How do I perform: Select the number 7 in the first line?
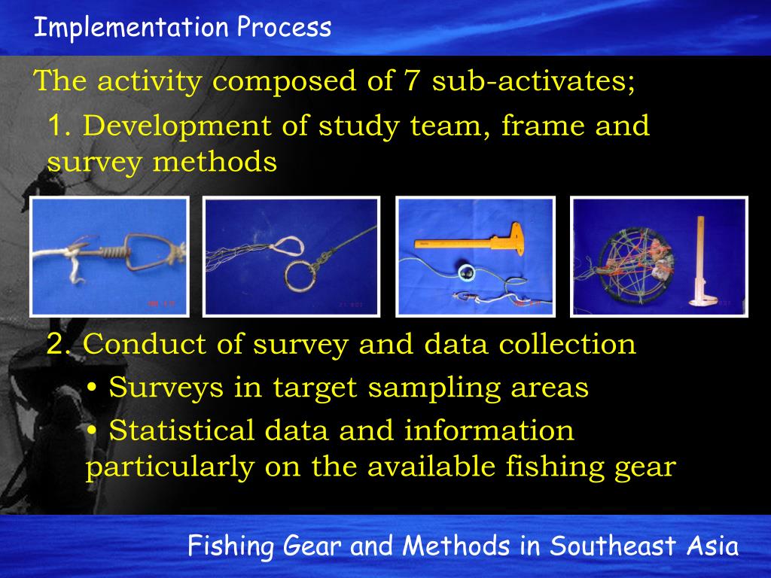tap(411, 81)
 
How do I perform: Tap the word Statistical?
tap(181, 431)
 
